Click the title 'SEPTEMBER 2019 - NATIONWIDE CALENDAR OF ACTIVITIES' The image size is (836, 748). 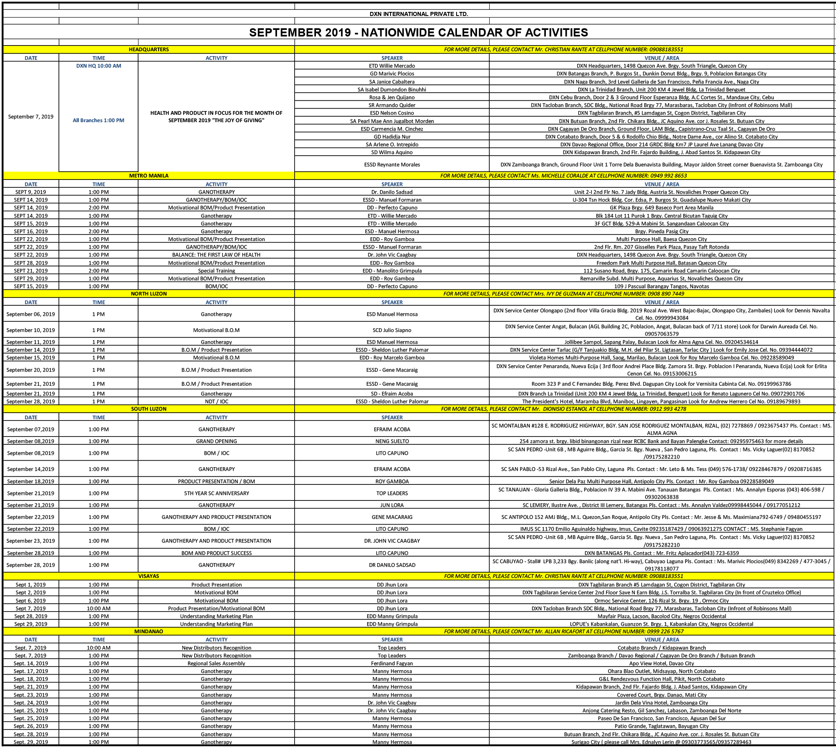[x=418, y=32]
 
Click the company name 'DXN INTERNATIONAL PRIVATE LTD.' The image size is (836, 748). [x=418, y=14]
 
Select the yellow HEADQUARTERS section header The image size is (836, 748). [x=149, y=49]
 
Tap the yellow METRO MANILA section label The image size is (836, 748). [x=149, y=175]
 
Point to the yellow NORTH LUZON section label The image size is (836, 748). [x=149, y=293]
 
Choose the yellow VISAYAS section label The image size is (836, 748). [x=149, y=576]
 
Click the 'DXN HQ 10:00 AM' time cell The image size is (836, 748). [x=99, y=66]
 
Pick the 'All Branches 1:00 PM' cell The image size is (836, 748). [x=99, y=120]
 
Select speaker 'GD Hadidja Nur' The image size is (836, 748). [x=392, y=136]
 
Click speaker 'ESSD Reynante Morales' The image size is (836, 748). [x=392, y=164]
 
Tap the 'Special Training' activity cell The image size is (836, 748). [x=216, y=271]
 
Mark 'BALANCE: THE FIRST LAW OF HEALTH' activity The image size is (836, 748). [x=216, y=255]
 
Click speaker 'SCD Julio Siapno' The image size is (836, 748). [x=392, y=330]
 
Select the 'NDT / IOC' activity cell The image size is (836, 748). [x=216, y=401]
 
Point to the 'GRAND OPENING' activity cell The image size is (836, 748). [x=216, y=441]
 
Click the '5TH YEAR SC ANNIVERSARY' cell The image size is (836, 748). [x=216, y=493]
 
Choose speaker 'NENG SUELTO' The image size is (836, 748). [x=392, y=441]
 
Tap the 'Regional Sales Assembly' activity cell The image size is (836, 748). [x=216, y=663]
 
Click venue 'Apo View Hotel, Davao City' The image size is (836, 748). [x=661, y=663]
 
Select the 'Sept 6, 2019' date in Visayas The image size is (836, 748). [x=31, y=600]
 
